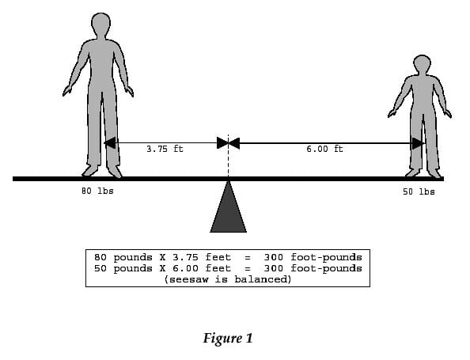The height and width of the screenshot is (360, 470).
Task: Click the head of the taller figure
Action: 100,25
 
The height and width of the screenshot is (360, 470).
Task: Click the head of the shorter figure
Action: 422,64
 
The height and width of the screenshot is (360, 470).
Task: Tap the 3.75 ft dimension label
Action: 165,149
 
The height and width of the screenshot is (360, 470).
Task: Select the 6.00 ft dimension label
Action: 324,149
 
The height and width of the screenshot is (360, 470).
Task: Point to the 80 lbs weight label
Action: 97,191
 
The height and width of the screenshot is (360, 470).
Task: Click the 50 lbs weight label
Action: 419,191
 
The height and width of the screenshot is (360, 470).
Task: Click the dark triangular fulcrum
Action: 229,207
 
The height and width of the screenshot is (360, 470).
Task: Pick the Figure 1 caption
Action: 228,338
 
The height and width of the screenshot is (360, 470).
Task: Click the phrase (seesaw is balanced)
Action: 228,279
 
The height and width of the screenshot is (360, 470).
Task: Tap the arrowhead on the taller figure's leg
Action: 110,143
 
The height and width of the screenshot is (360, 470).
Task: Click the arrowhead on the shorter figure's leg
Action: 418,143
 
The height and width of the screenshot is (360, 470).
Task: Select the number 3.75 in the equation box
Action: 185,257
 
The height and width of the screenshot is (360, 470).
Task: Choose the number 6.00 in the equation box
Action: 185,268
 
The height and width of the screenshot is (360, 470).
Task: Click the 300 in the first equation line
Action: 273,257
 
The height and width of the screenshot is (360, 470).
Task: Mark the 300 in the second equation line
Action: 273,268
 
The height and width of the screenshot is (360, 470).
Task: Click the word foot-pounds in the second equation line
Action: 326,268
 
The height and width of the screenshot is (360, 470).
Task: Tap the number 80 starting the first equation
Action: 100,257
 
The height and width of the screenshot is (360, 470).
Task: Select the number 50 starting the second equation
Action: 100,268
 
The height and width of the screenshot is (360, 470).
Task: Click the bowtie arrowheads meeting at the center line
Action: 229,143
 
